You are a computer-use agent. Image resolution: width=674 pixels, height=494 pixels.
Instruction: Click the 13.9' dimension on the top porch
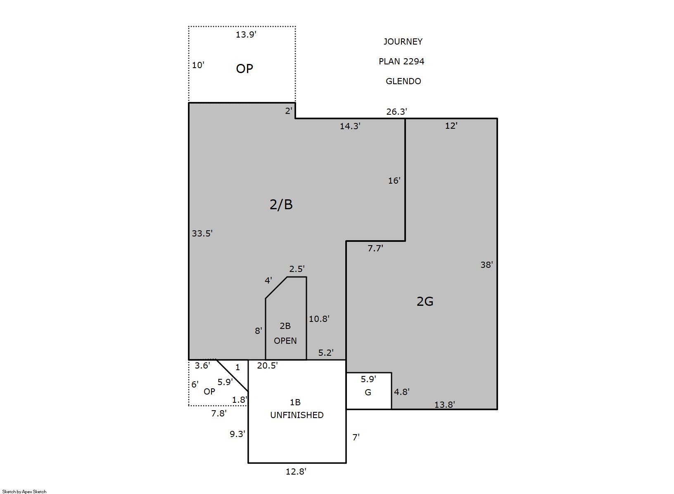246,35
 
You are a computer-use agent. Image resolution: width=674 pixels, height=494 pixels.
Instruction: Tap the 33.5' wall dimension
202,233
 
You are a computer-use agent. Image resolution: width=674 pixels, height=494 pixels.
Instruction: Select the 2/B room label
281,204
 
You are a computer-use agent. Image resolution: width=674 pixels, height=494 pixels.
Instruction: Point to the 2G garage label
425,301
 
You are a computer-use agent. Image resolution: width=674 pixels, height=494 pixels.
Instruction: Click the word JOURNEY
403,42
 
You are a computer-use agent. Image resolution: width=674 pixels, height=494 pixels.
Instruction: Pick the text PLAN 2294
401,61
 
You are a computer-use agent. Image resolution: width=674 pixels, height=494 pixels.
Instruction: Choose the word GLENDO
403,81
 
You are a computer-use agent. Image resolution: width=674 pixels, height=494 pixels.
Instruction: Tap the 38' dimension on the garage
487,265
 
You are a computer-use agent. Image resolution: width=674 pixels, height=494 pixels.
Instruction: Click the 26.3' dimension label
396,112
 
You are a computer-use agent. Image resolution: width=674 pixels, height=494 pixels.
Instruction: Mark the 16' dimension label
394,180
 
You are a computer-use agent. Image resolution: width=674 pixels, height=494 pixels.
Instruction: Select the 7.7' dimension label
375,248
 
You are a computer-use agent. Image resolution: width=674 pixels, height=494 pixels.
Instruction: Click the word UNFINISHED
297,415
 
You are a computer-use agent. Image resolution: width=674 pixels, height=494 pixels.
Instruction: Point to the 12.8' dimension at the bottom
296,471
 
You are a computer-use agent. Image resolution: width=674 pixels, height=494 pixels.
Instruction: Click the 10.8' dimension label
319,319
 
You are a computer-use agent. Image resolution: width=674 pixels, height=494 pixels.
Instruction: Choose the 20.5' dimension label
267,365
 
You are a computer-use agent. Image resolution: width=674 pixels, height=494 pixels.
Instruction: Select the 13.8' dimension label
444,405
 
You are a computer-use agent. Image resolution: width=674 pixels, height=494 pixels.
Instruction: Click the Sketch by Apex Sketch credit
24,492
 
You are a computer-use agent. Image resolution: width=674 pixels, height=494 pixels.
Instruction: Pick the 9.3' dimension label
237,434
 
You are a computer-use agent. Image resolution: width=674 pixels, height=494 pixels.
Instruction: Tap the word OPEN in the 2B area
285,340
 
